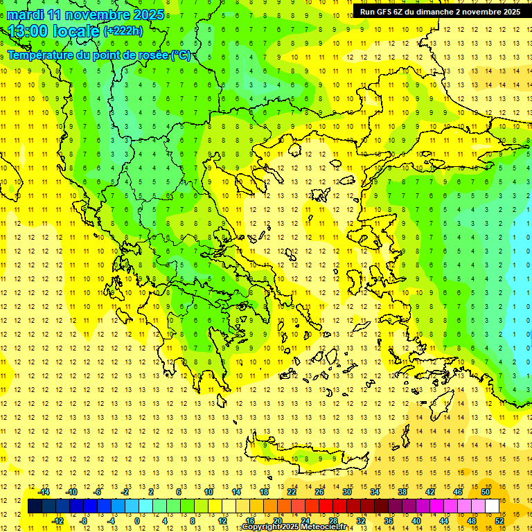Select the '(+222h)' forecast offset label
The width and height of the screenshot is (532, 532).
pos(123,30)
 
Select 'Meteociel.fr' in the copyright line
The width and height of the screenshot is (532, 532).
pos(320,527)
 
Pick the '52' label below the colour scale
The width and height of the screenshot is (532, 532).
pos(499,521)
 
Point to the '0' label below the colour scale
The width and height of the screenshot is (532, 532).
pos(136,521)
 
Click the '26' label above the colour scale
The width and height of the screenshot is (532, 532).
pos(319,492)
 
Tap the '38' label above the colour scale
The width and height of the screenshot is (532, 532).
pos(402,492)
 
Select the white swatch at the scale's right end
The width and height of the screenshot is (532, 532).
pos(493,506)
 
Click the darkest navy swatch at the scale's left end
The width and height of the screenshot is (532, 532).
pos(35,506)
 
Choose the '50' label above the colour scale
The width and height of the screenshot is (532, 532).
pos(486,492)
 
